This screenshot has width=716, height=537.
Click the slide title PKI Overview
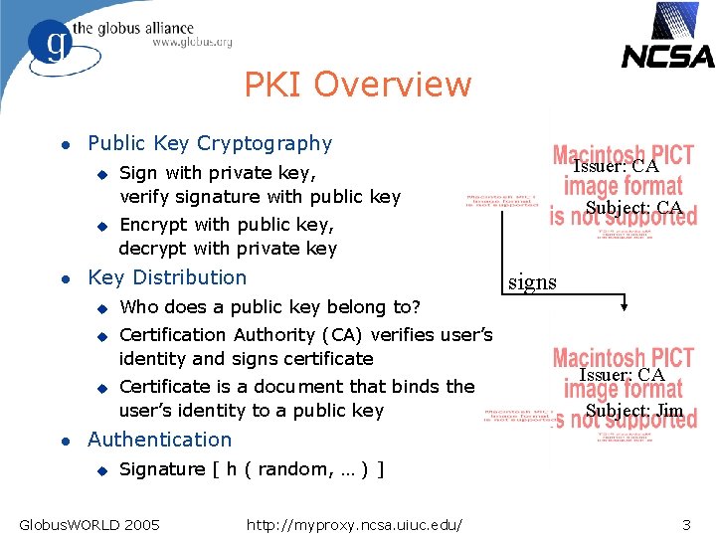point(358,85)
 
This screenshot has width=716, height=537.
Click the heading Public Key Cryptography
point(210,144)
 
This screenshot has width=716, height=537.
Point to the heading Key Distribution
point(167,277)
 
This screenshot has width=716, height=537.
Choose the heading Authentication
point(159,440)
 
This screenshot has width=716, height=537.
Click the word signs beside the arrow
point(533,282)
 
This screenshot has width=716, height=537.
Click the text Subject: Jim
point(634,411)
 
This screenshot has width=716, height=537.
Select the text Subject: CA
point(633,208)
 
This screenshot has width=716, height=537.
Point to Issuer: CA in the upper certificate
point(616,166)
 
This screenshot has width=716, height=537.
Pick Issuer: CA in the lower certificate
point(622,375)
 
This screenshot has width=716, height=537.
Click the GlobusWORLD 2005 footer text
point(89,523)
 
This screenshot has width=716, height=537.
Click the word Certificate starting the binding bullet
point(172,386)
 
